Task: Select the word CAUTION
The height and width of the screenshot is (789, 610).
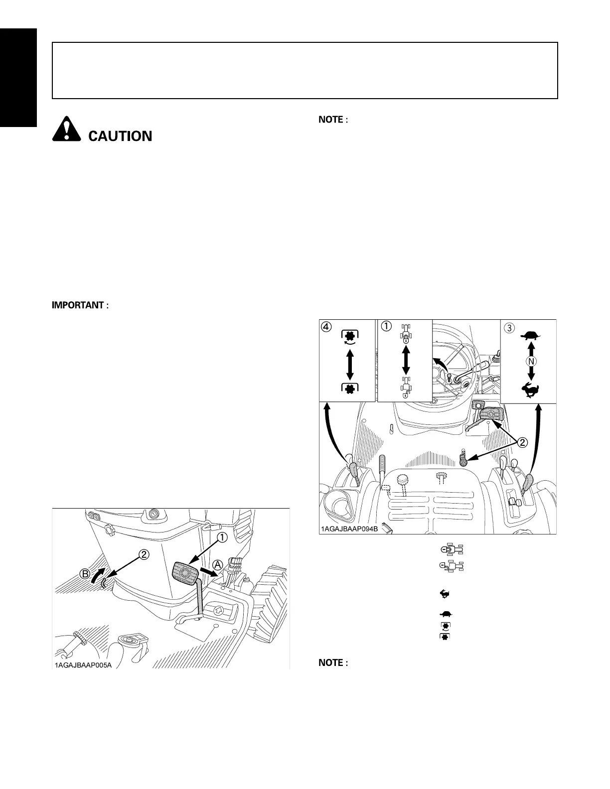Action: pyautogui.click(x=120, y=136)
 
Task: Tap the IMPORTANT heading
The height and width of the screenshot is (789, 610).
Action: pyautogui.click(x=80, y=305)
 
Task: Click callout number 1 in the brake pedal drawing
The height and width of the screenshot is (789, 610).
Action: pyautogui.click(x=222, y=537)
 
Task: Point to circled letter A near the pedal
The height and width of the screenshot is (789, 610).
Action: pyautogui.click(x=218, y=564)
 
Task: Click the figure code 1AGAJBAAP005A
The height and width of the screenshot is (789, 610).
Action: pyautogui.click(x=83, y=664)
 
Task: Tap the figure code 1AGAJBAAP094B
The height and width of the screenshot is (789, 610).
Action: pyautogui.click(x=349, y=529)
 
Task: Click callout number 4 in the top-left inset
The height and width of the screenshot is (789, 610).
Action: pyautogui.click(x=326, y=327)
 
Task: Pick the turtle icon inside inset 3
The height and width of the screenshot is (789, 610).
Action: pyautogui.click(x=530, y=336)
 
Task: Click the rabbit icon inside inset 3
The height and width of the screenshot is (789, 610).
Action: pyautogui.click(x=530, y=391)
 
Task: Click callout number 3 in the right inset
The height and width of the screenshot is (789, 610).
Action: pyautogui.click(x=509, y=327)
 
